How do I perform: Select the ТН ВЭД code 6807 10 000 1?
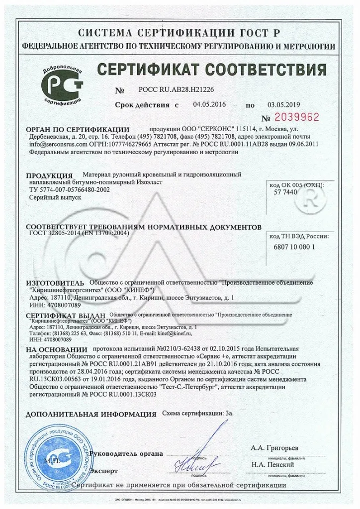tap(294, 247)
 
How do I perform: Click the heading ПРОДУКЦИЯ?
tap(49, 175)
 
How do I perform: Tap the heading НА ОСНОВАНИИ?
tap(56, 349)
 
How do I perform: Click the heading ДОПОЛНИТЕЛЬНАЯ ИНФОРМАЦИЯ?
tap(91, 414)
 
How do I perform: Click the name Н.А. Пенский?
tap(272, 465)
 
